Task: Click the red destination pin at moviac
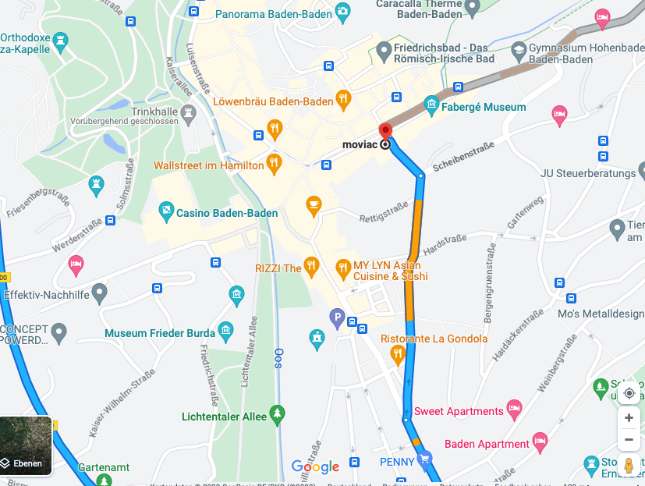[x=385, y=130]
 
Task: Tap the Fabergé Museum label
[x=484, y=107]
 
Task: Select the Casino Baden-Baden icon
[x=166, y=211]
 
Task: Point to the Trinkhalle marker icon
[x=187, y=114]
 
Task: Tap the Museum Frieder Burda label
[x=159, y=333]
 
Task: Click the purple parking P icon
[x=337, y=316]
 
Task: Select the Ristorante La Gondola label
[x=434, y=339]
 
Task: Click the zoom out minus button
[x=629, y=439]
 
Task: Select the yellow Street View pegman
[x=629, y=467]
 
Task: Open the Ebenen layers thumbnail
[x=26, y=445]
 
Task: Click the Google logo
[x=315, y=466]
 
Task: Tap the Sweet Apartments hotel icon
[x=514, y=408]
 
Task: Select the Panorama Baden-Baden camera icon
[x=342, y=12]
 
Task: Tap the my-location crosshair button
[x=629, y=393]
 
